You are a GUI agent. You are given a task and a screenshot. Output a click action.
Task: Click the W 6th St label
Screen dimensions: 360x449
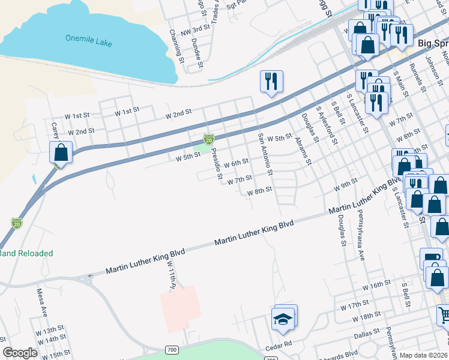point(236,163)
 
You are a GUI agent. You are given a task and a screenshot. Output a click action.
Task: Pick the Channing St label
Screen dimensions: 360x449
point(177,44)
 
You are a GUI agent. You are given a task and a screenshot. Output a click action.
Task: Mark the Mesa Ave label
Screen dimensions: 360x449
point(42,302)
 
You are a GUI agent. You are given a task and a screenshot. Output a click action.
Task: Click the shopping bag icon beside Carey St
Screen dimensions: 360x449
point(61,152)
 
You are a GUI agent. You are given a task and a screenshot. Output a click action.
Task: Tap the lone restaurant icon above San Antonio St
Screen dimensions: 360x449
point(271,81)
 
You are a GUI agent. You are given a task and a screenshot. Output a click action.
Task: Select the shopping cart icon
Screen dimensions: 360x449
point(443,314)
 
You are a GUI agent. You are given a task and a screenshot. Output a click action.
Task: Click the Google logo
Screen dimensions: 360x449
point(20,353)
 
